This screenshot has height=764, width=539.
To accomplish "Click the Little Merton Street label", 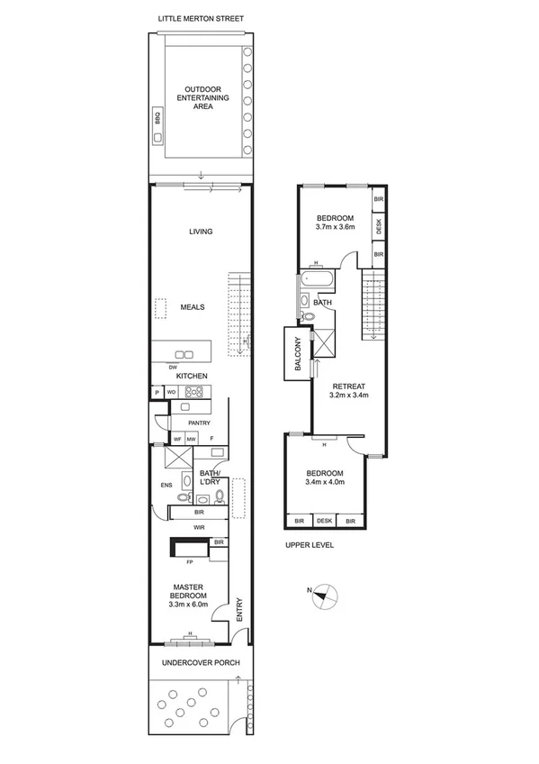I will click(201, 18).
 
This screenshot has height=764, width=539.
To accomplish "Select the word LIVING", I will click(200, 232).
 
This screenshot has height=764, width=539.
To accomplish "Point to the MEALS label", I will click(193, 307).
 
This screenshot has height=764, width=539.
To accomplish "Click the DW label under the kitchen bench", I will click(173, 367).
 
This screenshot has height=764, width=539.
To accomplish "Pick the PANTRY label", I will click(199, 422).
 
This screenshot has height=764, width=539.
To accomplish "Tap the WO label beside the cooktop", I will click(171, 392).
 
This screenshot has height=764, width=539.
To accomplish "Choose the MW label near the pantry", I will click(191, 439).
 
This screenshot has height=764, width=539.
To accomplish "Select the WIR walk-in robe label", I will click(199, 527).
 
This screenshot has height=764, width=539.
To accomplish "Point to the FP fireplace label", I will click(190, 562).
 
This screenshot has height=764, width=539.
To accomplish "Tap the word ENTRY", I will click(238, 610).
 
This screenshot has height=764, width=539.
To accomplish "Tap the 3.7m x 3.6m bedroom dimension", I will click(334, 227).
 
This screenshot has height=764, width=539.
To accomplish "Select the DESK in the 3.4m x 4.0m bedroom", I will click(324, 521).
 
